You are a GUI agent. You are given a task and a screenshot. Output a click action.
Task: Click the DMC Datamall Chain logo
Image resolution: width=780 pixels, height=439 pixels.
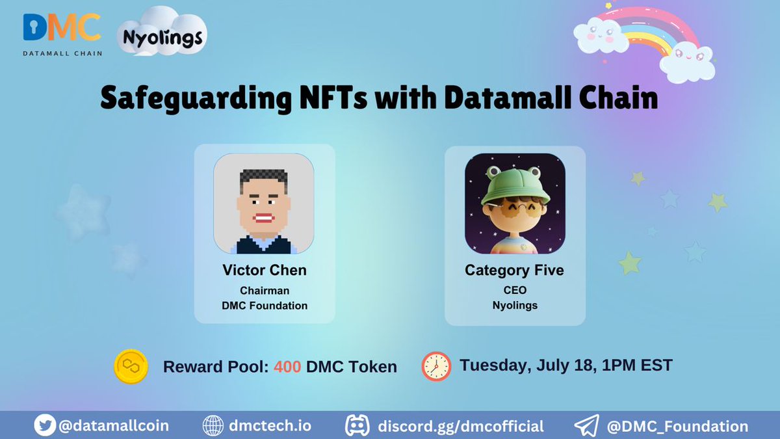[62, 33]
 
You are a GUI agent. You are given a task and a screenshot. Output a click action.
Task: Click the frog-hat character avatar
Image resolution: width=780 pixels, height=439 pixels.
[514, 204]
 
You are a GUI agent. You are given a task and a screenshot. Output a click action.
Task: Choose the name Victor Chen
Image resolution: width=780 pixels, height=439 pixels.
[265, 271]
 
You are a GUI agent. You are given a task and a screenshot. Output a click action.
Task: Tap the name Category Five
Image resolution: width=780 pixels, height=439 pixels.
[514, 271]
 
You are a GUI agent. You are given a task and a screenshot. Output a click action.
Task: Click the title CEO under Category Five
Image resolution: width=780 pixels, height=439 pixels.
[514, 290]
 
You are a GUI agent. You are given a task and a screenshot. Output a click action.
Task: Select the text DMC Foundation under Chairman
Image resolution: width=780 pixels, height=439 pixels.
[265, 305]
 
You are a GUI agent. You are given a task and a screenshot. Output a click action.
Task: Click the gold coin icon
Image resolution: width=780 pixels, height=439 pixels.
[130, 366]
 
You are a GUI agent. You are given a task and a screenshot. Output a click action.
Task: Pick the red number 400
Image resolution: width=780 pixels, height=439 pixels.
[287, 367]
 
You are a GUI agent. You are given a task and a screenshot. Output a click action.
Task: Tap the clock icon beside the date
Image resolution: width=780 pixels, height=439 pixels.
[435, 366]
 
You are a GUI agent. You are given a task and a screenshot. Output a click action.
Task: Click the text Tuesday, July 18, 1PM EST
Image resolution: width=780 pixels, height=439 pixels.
[565, 365]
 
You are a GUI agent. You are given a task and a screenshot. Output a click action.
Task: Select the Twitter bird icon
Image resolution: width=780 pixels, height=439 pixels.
[44, 426]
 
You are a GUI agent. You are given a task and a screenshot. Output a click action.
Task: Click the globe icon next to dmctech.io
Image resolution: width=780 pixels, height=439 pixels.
[213, 426]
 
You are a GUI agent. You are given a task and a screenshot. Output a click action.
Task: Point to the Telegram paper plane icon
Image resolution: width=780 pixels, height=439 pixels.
[587, 426]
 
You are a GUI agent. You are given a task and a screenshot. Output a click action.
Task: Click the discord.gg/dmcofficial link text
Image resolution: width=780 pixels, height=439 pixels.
[460, 426]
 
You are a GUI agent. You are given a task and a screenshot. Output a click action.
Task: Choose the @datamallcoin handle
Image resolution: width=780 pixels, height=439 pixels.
[114, 426]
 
